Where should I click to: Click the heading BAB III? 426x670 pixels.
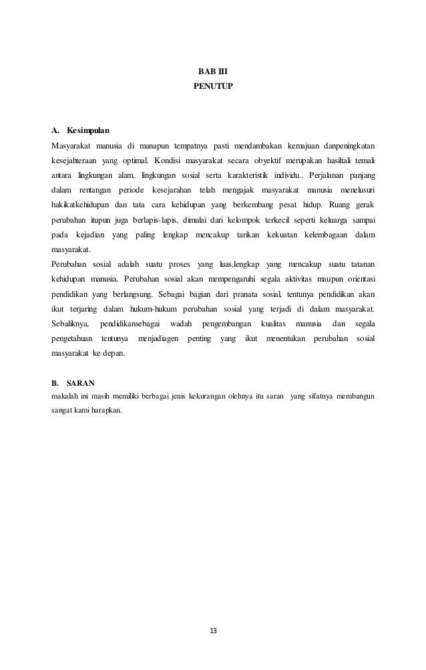213,72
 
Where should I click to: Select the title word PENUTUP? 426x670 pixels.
213,86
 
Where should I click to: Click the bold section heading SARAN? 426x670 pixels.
81,383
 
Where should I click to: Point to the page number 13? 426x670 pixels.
213,631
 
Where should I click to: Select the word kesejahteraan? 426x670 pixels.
73,160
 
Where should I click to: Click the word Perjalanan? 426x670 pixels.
332,175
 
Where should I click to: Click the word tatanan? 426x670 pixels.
359,265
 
